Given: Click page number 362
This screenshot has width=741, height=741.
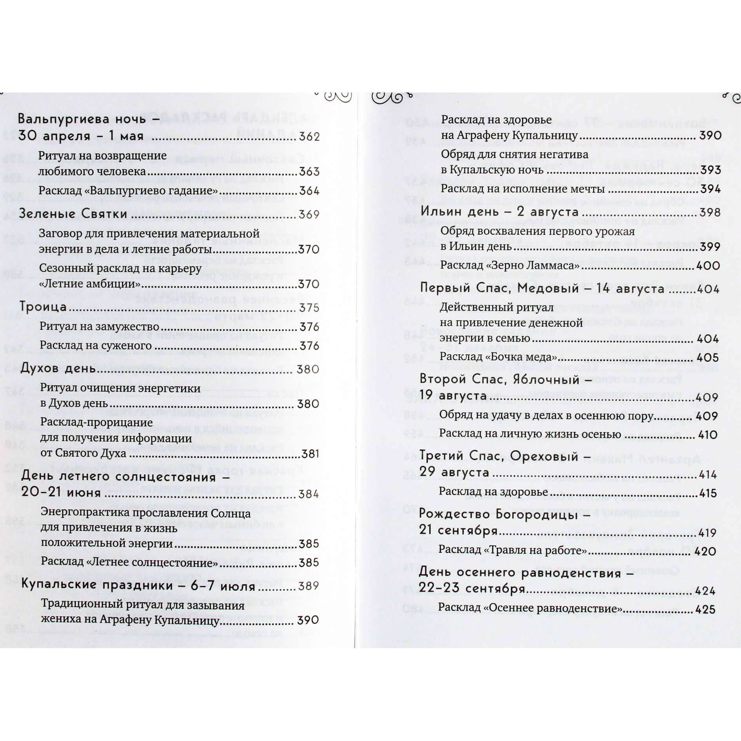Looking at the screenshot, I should [309, 137].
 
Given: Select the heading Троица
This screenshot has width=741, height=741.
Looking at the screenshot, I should [43, 307].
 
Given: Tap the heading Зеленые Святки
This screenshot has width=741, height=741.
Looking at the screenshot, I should [73, 214].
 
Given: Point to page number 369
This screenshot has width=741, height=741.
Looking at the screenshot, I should [309, 214].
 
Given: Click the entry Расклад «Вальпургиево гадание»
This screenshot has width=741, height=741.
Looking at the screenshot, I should [128, 191].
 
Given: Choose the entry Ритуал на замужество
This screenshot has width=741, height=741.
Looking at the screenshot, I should [100, 327].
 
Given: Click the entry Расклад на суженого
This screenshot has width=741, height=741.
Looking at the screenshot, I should [96, 346].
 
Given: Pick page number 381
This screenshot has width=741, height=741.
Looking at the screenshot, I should [310, 454].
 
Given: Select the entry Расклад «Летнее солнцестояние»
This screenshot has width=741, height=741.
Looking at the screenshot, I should [129, 563].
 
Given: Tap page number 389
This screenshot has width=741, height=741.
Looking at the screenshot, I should [309, 586].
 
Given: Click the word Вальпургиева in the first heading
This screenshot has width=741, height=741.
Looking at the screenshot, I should [63, 118].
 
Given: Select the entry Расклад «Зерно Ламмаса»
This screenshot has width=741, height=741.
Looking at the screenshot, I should [510, 265].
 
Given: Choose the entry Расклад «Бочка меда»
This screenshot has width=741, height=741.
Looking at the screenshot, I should [498, 357].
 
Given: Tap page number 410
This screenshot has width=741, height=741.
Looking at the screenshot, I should [708, 434].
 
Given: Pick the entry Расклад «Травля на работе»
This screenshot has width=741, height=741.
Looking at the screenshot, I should [512, 551].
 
